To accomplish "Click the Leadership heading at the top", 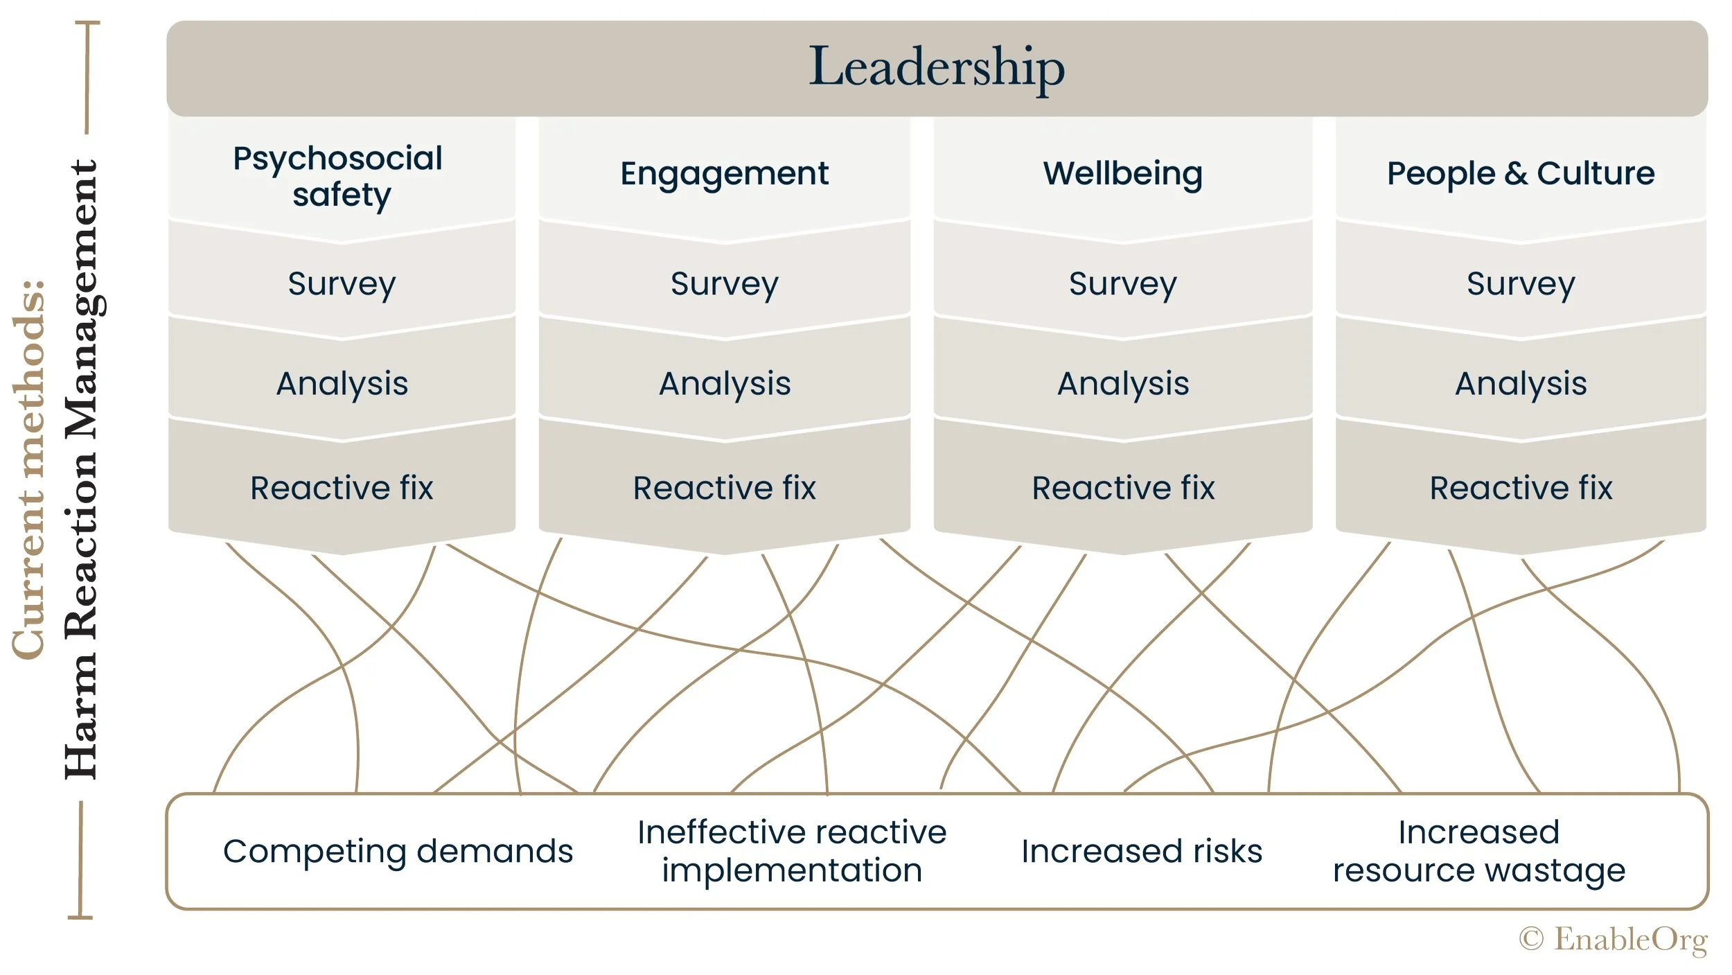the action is point(937,67).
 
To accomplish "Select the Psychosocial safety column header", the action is point(339,176).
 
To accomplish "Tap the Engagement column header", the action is point(724,173).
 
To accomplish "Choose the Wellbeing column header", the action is point(1122,173).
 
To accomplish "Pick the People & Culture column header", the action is point(1521,173).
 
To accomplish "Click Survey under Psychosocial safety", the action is point(342,283).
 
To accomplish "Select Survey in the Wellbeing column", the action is point(1122,283).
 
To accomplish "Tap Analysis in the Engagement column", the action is point(725,383).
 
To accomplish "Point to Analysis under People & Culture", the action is point(1521,383).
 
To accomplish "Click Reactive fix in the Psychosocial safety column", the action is point(342,488).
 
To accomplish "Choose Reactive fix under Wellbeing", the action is point(1123,488).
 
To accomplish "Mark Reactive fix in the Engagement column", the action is point(725,488).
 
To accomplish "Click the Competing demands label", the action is point(398,851).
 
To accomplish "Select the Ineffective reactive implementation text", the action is point(792,851).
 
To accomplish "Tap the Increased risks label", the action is point(1142,851).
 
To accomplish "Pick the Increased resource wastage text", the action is point(1479,851).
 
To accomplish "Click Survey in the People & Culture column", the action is point(1521,283).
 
